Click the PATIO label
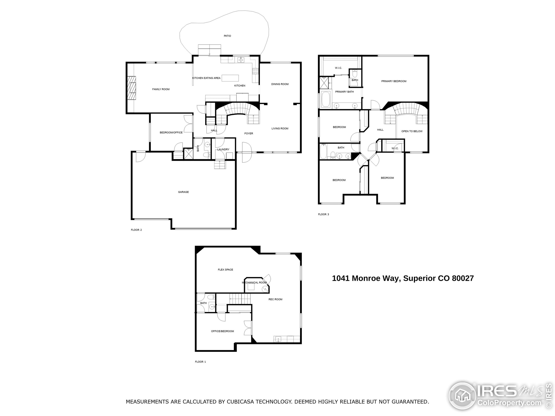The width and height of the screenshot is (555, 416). [x=227, y=36]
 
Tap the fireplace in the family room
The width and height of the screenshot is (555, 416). [x=131, y=88]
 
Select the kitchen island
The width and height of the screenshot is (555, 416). [x=230, y=78]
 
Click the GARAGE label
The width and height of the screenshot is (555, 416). [x=183, y=192]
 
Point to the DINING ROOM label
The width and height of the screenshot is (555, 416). [x=280, y=84]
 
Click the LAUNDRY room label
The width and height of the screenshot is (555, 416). [x=223, y=149]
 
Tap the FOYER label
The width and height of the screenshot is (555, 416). [x=249, y=134]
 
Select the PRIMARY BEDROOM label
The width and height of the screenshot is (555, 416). [x=394, y=81]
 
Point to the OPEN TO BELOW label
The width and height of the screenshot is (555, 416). [x=412, y=131]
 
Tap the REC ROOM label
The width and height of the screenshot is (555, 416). [x=275, y=299]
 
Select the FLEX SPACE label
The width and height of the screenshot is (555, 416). [x=225, y=270]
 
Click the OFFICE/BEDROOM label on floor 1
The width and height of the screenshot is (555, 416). [x=222, y=331]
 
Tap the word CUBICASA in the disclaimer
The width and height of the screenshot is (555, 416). [x=240, y=402]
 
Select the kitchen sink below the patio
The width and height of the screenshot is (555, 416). [x=241, y=60]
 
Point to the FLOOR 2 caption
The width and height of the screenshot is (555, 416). [x=136, y=230]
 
